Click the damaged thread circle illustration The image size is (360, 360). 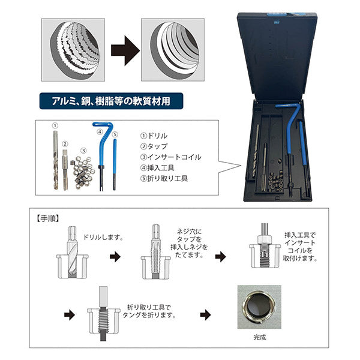pos(76,50)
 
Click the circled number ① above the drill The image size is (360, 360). pos(55,127)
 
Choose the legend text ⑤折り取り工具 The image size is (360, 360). pos(163,178)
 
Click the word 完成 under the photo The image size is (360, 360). pos(259,337)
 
